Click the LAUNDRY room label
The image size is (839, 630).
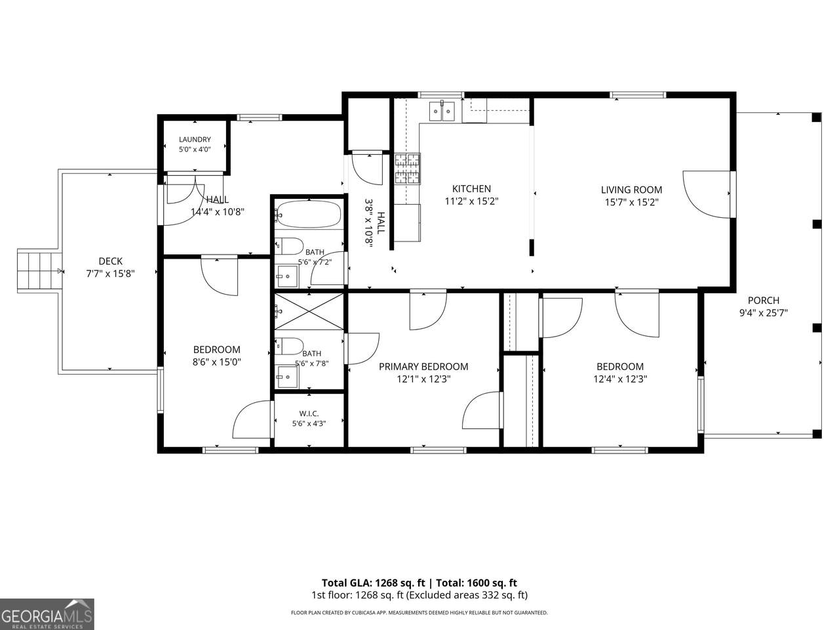click(195, 139)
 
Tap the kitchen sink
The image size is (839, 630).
click(442, 111)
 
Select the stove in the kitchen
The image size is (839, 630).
click(408, 169)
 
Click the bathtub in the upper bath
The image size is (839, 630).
click(308, 214)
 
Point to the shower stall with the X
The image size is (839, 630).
click(309, 311)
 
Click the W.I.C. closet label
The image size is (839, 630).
click(309, 413)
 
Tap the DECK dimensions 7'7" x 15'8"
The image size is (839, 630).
click(111, 274)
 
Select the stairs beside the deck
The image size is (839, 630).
click(39, 271)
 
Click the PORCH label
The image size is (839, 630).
click(764, 301)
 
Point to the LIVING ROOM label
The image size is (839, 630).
click(631, 190)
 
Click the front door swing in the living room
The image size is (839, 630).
click(707, 194)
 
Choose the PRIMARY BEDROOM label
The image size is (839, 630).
click(423, 366)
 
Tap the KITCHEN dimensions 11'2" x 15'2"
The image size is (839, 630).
click(471, 201)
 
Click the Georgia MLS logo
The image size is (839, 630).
click(47, 614)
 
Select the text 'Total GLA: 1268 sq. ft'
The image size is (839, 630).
click(373, 583)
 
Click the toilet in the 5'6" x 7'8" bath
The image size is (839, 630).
click(289, 346)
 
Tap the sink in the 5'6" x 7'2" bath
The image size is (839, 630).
click(286, 276)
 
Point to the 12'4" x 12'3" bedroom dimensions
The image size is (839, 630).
click(620, 379)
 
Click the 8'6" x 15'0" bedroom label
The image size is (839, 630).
click(217, 349)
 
